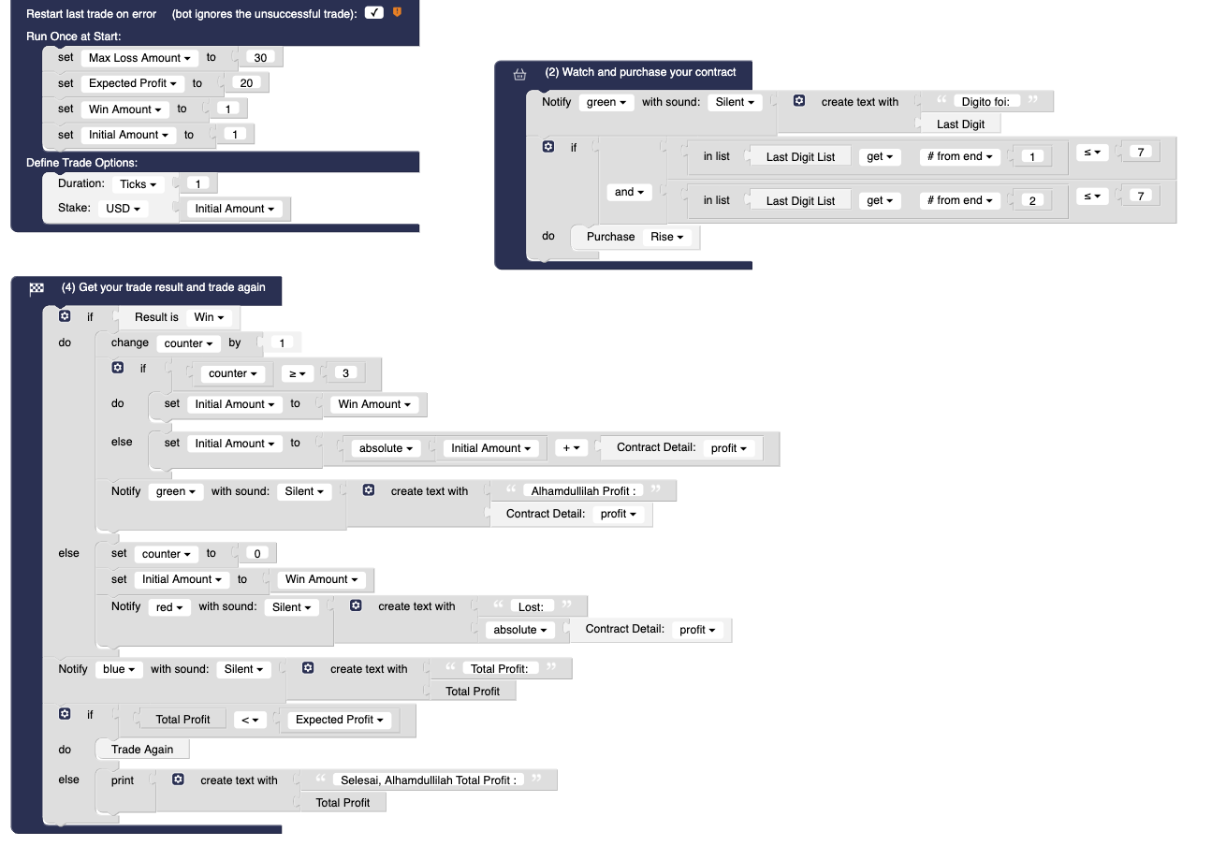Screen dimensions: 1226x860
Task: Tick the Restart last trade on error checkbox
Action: point(374,12)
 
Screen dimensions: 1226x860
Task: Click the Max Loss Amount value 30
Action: point(260,57)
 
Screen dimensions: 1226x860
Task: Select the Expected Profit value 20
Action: point(246,83)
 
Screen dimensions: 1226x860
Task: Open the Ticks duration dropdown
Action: point(138,184)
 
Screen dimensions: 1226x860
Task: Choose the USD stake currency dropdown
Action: point(123,209)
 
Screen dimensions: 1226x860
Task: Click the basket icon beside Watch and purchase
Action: point(519,74)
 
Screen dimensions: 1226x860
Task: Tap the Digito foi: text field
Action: point(985,101)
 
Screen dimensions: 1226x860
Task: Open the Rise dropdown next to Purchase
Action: point(666,237)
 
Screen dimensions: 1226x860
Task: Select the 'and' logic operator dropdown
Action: point(629,192)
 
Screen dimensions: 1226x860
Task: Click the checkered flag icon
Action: point(36,288)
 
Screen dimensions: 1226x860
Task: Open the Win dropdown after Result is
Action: point(209,317)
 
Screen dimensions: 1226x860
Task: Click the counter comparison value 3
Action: point(345,372)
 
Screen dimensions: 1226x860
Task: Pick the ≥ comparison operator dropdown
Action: point(298,373)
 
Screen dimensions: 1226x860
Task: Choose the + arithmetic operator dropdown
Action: point(571,448)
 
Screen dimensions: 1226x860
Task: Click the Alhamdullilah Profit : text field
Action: point(583,490)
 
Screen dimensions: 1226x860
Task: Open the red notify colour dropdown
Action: point(169,606)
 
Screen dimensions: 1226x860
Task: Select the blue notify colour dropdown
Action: point(119,669)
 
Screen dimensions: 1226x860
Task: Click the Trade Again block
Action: point(142,749)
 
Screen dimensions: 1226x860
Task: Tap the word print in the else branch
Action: point(122,780)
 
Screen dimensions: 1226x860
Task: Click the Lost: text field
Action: point(531,606)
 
